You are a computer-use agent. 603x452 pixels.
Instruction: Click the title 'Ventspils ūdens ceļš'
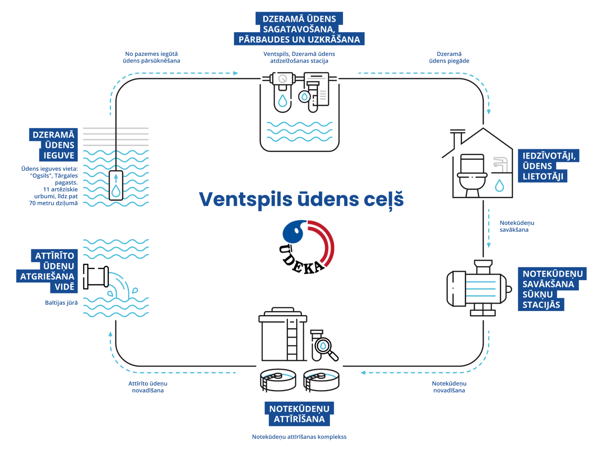point(301,200)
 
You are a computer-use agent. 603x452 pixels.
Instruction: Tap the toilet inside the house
point(472,175)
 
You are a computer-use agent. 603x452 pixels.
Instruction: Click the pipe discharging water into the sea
point(96,277)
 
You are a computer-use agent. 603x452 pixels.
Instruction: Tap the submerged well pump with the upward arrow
point(116,186)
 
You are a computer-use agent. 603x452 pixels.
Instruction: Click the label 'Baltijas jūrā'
point(61,303)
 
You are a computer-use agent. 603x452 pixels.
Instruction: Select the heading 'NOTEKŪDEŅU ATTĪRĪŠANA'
point(299,414)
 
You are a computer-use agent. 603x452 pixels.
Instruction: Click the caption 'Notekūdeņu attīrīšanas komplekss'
point(299,437)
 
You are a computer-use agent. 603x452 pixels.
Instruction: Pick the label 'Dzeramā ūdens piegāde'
point(449,57)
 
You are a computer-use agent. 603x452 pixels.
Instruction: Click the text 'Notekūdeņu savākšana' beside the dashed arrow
point(517,226)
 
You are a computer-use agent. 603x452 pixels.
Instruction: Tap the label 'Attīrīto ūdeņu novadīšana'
point(148,387)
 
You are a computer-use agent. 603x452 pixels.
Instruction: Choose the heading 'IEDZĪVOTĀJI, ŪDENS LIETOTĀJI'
point(548,166)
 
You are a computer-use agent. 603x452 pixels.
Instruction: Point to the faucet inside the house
point(500,163)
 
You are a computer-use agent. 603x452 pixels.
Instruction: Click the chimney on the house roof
point(457,138)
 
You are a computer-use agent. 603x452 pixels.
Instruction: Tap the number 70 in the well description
point(32,203)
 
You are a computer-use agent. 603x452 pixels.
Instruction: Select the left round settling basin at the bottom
point(278,380)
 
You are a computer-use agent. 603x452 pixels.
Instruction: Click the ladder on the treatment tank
point(292,341)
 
